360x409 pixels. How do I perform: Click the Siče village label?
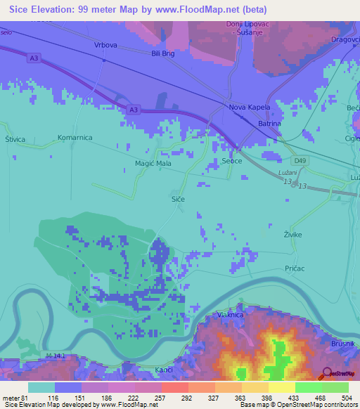[179, 200]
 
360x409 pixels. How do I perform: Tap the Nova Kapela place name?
[246, 108]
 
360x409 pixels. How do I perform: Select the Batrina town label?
[269, 124]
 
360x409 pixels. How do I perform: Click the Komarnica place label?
[75, 138]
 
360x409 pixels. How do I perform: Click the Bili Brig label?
[162, 53]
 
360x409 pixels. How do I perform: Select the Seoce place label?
[232, 161]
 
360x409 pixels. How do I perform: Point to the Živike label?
[292, 234]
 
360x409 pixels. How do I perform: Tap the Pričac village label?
[295, 268]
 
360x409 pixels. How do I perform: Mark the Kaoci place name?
[165, 369]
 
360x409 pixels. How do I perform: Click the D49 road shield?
[301, 161]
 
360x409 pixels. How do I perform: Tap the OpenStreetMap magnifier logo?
[328, 373]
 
